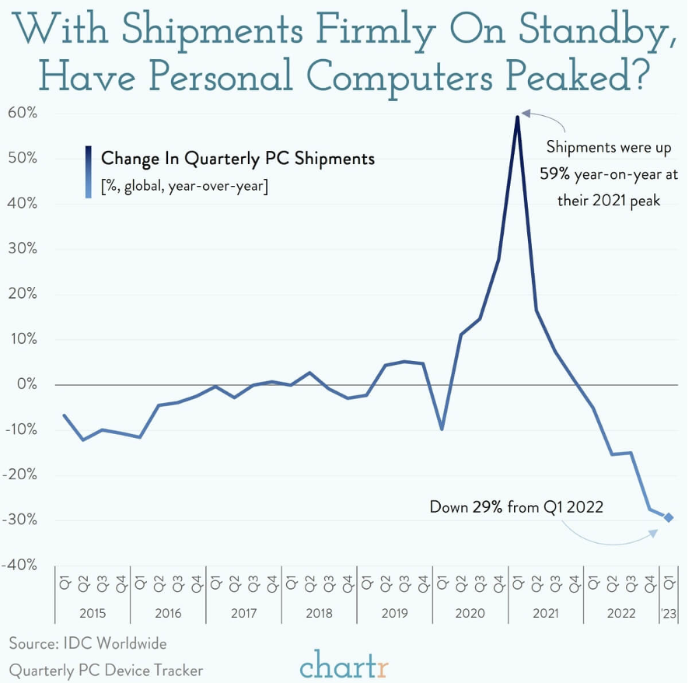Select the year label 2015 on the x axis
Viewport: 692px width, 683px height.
point(92,613)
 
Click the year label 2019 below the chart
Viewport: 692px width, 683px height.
point(394,613)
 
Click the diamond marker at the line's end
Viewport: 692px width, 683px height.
point(669,517)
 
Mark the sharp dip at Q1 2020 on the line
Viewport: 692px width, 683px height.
point(442,429)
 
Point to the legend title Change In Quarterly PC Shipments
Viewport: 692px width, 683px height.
point(238,159)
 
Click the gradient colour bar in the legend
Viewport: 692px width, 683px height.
point(89,172)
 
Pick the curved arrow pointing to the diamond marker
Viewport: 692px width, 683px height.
point(606,538)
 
